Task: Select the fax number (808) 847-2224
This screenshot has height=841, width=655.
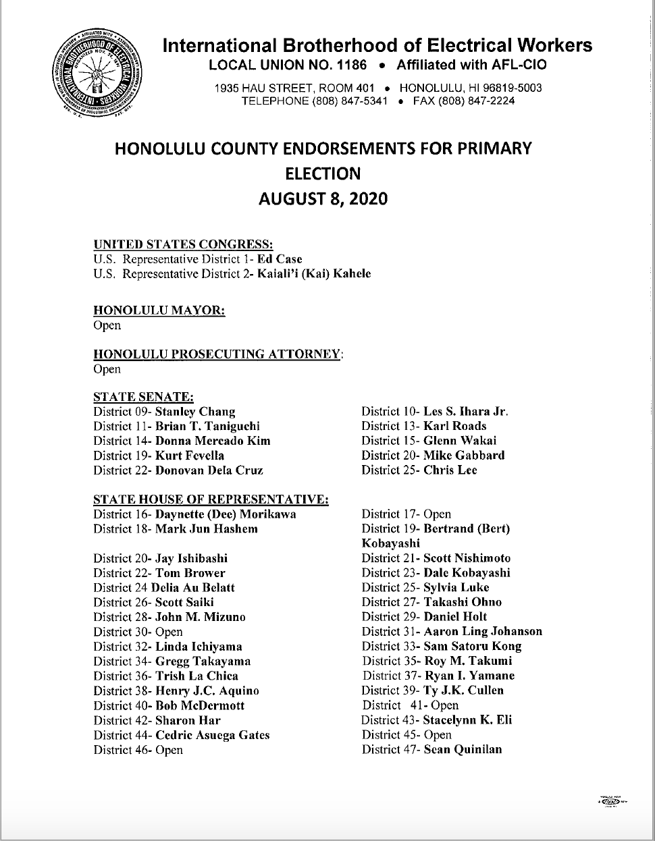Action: coord(477,101)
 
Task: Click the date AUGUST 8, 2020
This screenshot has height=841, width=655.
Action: coord(323,199)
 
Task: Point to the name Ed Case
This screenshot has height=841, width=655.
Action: coord(284,259)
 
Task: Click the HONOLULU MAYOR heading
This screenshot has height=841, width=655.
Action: coord(159,310)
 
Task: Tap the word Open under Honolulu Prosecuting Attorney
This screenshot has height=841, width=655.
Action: coord(107,369)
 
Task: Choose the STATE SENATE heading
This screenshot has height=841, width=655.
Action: coord(144,398)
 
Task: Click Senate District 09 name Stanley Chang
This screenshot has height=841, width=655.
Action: coord(195,412)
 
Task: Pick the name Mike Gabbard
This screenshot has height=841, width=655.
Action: coord(464,456)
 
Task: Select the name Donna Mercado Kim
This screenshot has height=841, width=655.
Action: coord(213,441)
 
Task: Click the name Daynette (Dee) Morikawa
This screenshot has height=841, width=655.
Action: coord(226,514)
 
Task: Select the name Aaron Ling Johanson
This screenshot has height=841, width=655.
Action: coord(483,632)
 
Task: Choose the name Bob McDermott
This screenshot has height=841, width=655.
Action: coord(200,705)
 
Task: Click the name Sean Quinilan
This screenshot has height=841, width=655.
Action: coord(463,749)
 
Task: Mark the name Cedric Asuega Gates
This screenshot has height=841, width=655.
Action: coord(212,735)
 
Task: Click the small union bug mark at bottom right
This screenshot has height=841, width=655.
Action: coord(612,798)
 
